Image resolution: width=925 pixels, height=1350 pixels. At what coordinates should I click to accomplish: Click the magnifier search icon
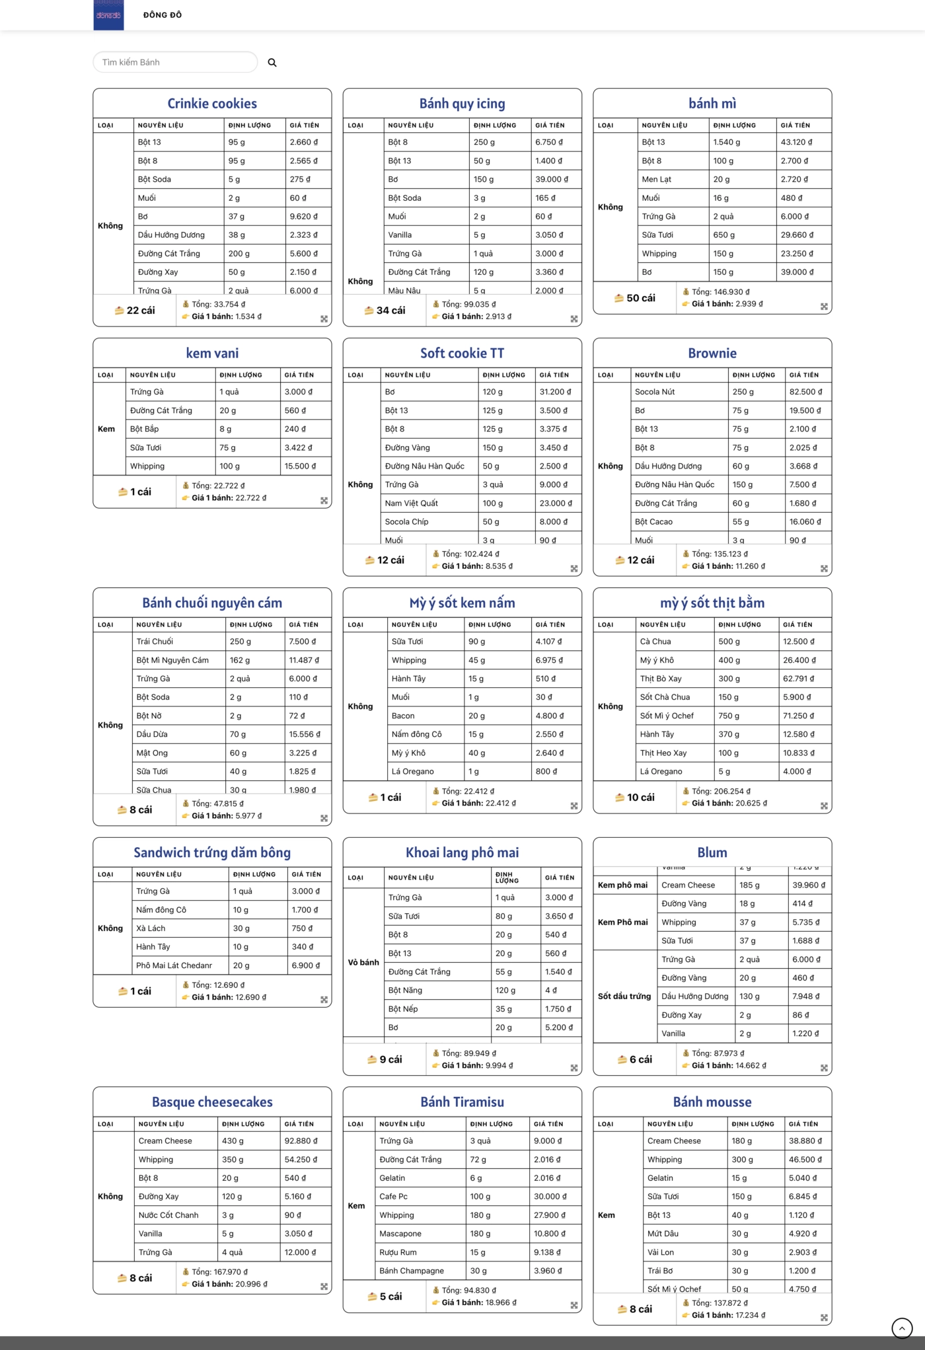(x=272, y=63)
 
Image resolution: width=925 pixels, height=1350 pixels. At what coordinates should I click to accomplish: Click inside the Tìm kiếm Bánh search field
(x=175, y=62)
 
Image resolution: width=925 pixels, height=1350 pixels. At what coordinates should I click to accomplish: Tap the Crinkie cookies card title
(x=212, y=104)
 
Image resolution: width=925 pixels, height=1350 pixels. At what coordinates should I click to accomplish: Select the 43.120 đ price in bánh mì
(x=796, y=142)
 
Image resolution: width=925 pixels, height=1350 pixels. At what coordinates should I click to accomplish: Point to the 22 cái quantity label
(x=135, y=310)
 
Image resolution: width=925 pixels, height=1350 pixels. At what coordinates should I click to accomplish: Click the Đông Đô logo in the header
(x=108, y=15)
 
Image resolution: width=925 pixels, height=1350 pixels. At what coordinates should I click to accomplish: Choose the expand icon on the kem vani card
(x=324, y=501)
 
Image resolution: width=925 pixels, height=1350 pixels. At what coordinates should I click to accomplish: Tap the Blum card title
(x=712, y=852)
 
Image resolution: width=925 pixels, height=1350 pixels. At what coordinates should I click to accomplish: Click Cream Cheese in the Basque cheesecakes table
(x=165, y=1141)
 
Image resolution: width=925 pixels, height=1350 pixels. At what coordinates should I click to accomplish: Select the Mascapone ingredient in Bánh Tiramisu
(x=400, y=1233)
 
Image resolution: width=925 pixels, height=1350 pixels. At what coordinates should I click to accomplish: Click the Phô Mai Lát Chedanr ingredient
(x=174, y=965)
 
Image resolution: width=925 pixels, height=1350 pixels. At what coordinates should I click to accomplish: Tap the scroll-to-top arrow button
(x=901, y=1328)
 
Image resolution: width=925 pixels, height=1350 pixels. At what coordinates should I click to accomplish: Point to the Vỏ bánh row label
(x=363, y=962)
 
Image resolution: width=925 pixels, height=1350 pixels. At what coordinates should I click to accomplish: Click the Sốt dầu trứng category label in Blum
(x=624, y=996)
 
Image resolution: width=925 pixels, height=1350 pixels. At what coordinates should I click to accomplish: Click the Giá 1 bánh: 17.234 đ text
(x=728, y=1315)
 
